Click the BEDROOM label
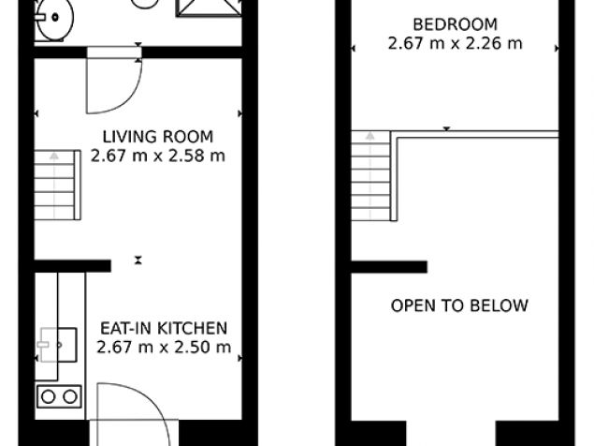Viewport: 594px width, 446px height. (x=455, y=24)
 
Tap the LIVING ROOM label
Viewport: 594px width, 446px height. (x=158, y=137)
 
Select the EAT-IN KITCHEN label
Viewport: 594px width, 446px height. (x=164, y=328)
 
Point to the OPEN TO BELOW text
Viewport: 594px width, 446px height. (x=459, y=305)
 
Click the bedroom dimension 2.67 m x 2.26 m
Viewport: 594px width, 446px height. (x=455, y=43)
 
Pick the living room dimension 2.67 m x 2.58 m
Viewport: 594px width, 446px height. (x=158, y=156)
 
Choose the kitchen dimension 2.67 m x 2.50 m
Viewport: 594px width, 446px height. (x=164, y=347)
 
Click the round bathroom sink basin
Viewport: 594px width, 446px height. (x=55, y=18)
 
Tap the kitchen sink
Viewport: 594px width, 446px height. (x=58, y=345)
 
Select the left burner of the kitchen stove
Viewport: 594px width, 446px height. (x=48, y=397)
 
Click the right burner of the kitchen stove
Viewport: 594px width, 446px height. (x=70, y=397)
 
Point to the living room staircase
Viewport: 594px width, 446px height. (x=58, y=185)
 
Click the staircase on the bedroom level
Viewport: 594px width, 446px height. (x=370, y=176)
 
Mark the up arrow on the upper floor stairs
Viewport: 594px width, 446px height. (x=370, y=175)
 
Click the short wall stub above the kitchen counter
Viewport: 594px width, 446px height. (x=73, y=266)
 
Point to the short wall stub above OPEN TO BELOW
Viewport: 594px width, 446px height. (x=389, y=267)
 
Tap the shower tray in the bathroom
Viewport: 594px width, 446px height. (x=210, y=8)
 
